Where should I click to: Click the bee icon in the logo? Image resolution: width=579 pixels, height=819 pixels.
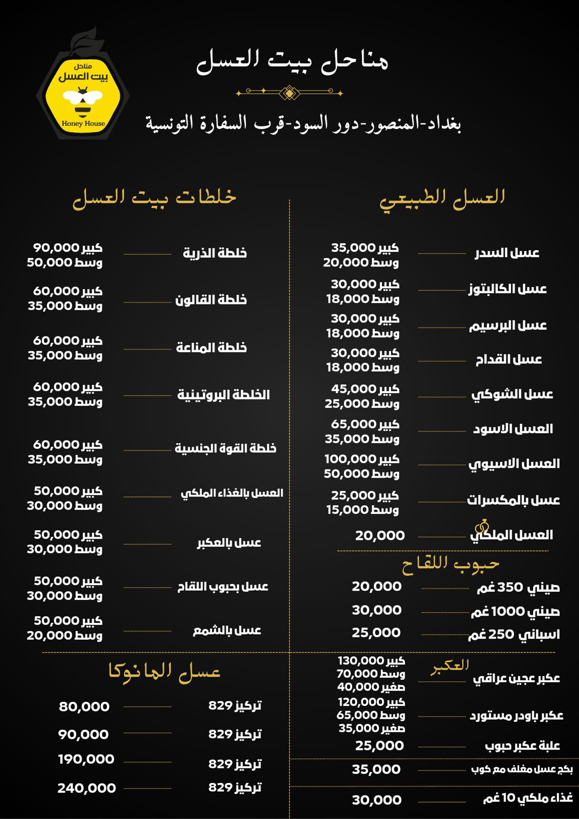[x=82, y=101]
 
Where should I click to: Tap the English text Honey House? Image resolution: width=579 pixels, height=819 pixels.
[x=83, y=123]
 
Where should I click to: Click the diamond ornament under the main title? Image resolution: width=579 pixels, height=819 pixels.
[x=289, y=93]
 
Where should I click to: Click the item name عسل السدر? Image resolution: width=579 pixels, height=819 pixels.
[x=507, y=253]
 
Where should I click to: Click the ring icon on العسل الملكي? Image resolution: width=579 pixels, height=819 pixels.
[x=482, y=526]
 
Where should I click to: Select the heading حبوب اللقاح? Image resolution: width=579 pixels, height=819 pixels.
[x=450, y=565]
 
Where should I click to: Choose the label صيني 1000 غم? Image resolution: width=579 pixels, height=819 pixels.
[x=515, y=611]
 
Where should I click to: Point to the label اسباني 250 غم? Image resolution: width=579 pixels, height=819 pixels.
[x=513, y=635]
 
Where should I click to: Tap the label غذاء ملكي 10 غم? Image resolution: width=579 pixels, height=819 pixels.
[x=528, y=798]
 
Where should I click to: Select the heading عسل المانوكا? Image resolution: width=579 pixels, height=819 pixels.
[x=164, y=671]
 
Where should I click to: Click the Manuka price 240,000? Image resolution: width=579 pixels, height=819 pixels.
[x=87, y=788]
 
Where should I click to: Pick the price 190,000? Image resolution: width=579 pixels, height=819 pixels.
[x=86, y=759]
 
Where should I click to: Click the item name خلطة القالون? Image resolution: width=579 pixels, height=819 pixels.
[x=211, y=300]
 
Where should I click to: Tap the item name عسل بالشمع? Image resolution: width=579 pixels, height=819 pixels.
[x=227, y=631]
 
